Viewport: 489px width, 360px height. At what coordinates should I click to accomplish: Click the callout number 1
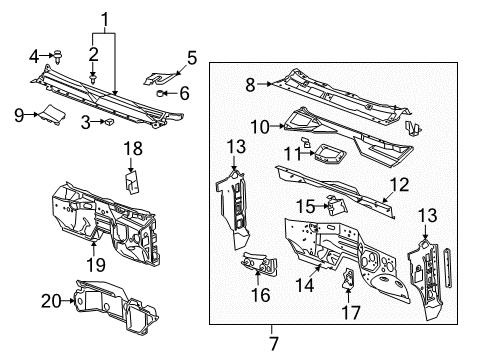105,17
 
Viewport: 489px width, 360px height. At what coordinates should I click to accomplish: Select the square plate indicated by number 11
326,153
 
